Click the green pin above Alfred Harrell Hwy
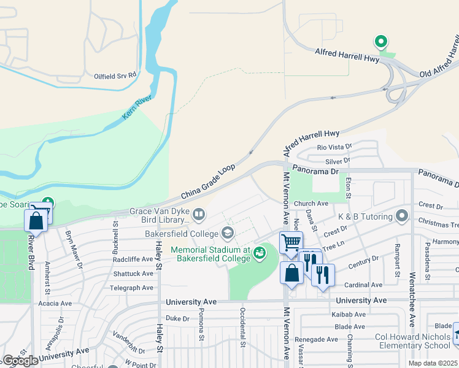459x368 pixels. tap(381, 42)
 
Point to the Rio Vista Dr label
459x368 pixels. tap(333, 147)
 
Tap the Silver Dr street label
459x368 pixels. tap(337, 160)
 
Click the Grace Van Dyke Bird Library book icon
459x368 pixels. tap(198, 215)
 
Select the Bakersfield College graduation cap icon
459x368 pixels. tap(228, 233)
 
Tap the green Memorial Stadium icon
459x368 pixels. tap(260, 252)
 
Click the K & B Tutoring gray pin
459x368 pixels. tap(402, 215)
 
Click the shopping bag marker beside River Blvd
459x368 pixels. tap(36, 221)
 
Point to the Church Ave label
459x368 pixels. tap(310, 204)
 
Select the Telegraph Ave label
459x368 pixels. tap(131, 288)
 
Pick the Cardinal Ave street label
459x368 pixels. tap(363, 285)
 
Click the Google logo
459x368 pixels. tap(20, 361)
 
